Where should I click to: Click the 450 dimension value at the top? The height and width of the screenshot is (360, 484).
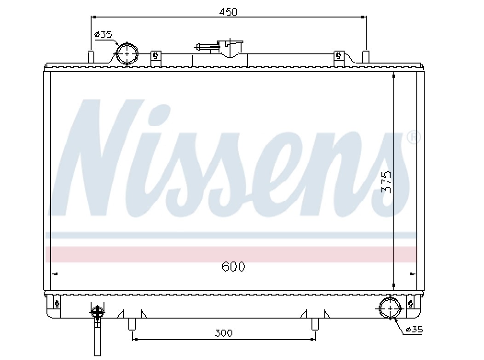(228, 12)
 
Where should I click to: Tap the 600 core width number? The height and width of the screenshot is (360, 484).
(233, 267)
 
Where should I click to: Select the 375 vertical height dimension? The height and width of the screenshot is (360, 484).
(386, 182)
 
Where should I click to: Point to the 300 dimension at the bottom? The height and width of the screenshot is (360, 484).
(224, 333)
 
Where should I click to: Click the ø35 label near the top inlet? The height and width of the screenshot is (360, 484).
(104, 34)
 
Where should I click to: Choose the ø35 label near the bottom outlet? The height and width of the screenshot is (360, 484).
(414, 330)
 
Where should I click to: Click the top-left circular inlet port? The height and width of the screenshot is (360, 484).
(127, 54)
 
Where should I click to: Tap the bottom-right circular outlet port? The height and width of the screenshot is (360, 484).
(390, 308)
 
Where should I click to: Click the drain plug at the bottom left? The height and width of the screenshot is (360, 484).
(97, 331)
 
